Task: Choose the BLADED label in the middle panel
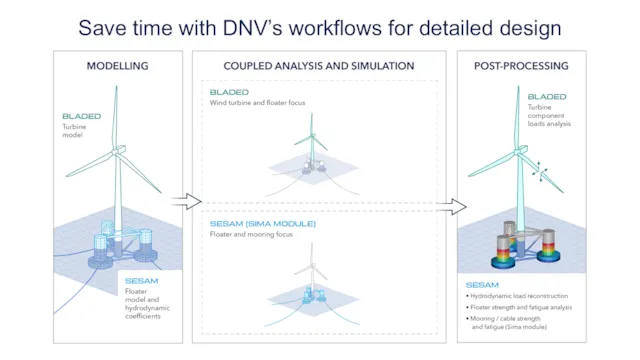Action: [x=229, y=92]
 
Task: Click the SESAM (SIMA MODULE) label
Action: [x=263, y=224]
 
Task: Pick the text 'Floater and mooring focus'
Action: [x=252, y=235]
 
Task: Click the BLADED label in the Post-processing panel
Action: [x=547, y=98]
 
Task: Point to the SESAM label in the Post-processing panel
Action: [x=482, y=284]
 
